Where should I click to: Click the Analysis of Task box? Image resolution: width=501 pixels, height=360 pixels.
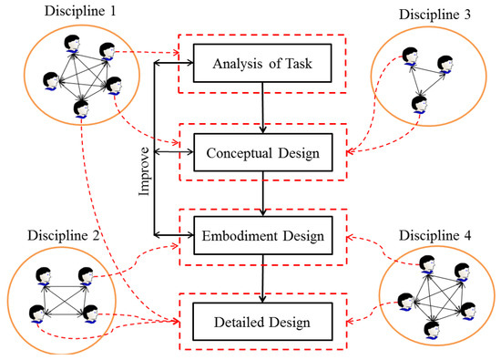coord(263,66)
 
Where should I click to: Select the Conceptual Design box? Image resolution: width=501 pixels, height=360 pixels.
coord(263,152)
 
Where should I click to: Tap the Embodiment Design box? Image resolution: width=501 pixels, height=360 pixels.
coord(263,236)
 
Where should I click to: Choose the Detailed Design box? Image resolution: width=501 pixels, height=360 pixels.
coord(263,321)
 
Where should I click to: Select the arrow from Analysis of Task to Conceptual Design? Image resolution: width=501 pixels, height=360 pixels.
coord(263,108)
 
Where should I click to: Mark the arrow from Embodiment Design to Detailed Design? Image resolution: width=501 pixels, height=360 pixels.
coord(263,278)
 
